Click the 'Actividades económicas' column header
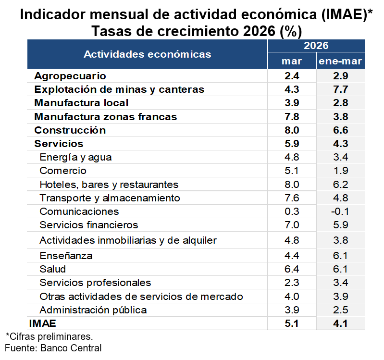(147, 54)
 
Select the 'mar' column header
(291, 61)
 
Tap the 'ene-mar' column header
(340, 61)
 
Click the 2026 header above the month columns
(316, 46)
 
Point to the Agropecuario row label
(70, 76)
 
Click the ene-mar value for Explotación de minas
(340, 89)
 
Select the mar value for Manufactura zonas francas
(291, 117)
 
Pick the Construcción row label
(70, 130)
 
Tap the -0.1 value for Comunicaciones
(340, 211)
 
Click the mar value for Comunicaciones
(291, 211)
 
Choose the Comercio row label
(63, 171)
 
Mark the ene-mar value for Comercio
(340, 171)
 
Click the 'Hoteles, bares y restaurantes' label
(109, 185)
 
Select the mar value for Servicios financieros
(291, 225)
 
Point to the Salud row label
(53, 269)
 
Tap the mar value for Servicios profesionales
(291, 283)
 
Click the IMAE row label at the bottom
(42, 323)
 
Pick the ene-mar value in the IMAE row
(340, 323)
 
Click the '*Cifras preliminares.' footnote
(49, 336)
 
